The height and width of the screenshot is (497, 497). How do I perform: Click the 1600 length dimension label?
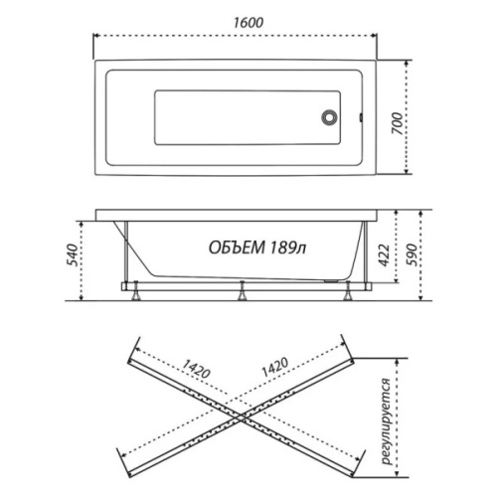coord(248,23)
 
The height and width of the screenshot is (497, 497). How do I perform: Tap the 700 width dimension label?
coord(398,123)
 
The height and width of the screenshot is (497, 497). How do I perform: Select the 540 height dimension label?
coord(73,255)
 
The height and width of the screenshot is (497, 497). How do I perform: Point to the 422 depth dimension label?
coord(384,255)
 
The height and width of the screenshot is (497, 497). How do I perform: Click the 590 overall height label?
coord(412,254)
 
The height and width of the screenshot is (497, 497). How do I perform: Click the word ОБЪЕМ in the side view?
coord(237,248)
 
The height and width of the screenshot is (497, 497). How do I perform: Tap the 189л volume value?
coord(288,248)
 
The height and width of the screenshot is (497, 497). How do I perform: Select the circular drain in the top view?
coord(329,117)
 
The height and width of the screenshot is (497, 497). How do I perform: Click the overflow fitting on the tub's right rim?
coord(361,117)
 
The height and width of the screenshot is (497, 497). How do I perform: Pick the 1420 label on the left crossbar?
coord(196,369)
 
